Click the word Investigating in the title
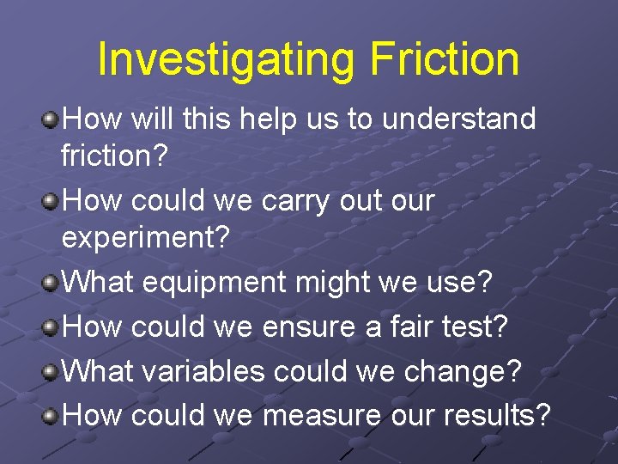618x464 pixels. pos(225,59)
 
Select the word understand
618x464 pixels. pos(458,119)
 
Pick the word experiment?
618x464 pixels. pos(146,238)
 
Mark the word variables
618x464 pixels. pos(203,371)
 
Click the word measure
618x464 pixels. pos(322,416)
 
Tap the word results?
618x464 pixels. pos(497,416)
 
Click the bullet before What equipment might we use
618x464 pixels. pos(51,281)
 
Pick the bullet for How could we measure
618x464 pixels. pos(51,416)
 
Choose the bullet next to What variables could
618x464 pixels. pos(51,371)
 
